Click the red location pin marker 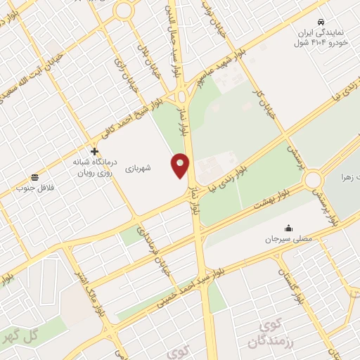(x=181, y=165)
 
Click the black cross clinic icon (x=94, y=151)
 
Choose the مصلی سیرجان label (x=288, y=240)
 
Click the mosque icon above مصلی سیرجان (x=288, y=228)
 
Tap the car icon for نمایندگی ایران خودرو (x=321, y=22)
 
